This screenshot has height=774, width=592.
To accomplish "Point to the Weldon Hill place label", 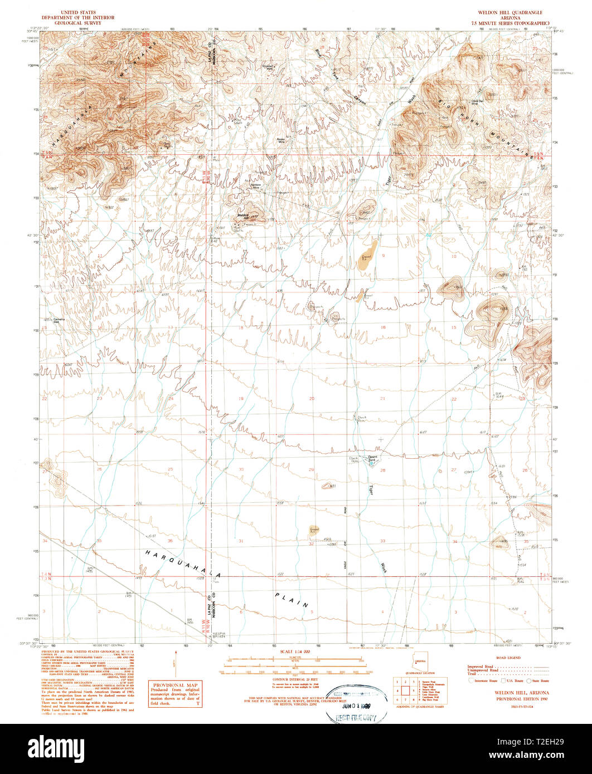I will (243, 215).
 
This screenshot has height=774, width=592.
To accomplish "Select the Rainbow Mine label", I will (256, 188).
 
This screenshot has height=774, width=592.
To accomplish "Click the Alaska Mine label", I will (282, 141).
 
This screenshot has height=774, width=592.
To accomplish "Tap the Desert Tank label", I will (372, 458).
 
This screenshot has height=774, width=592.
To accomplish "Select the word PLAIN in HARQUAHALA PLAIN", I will (292, 600).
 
